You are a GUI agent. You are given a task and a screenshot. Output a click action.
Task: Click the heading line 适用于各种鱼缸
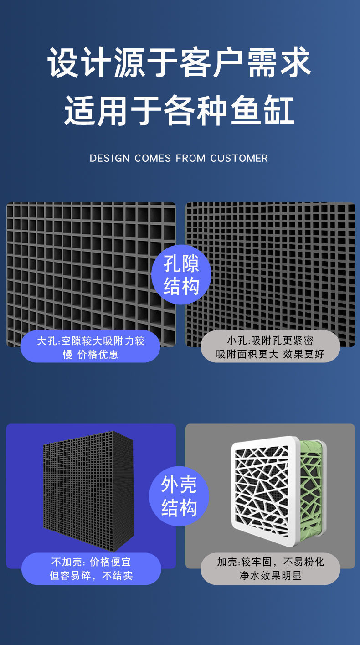[180, 110]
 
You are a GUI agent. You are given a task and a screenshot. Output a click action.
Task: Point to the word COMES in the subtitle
[153, 158]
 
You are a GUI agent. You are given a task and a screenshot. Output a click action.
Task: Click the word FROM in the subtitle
[190, 158]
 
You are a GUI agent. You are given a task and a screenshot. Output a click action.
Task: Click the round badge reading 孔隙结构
[181, 276]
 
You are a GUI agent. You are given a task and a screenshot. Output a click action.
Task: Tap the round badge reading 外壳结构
[179, 496]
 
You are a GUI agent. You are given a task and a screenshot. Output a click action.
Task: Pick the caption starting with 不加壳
[91, 568]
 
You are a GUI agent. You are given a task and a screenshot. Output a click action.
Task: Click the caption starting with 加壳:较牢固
[270, 568]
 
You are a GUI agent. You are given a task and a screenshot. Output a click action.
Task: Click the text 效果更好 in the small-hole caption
[303, 354]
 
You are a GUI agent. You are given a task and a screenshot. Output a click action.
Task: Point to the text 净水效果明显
[270, 575]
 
